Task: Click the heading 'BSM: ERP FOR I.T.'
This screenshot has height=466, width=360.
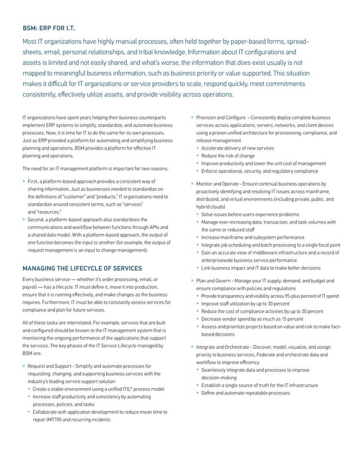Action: (x=48, y=27)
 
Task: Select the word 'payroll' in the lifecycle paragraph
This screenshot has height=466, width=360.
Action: (x=30, y=287)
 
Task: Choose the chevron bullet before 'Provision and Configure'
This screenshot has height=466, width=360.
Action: (x=192, y=117)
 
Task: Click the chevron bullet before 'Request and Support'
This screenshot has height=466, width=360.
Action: (x=24, y=366)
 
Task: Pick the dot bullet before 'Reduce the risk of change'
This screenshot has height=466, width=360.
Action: (x=198, y=156)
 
